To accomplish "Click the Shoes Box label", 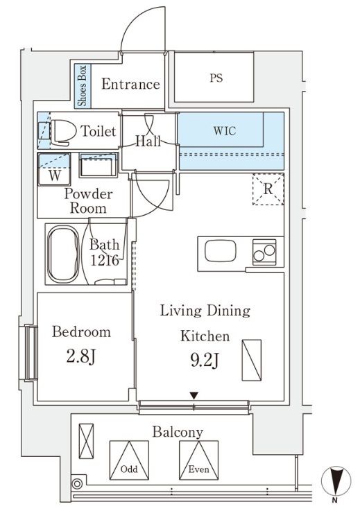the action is click(x=83, y=86).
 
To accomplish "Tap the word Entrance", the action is click(x=130, y=84).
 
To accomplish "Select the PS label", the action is click(x=216, y=78).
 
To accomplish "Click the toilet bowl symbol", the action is click(x=60, y=132).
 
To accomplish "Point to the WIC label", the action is click(x=225, y=131).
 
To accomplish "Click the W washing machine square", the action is click(x=55, y=169).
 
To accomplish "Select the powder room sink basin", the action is click(x=98, y=165).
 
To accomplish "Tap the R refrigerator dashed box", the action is click(x=268, y=189).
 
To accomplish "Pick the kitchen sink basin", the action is click(x=221, y=250).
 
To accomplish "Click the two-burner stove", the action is click(x=264, y=252).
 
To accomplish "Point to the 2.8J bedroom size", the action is click(x=81, y=356).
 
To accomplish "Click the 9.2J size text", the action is click(x=205, y=360).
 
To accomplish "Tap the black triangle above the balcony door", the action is click(x=194, y=396).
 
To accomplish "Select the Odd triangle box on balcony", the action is click(x=129, y=460).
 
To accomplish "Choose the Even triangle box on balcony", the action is click(x=198, y=460).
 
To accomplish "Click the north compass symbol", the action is click(x=336, y=481).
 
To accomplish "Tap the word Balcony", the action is click(x=178, y=433).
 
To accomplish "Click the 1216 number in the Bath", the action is click(x=104, y=261).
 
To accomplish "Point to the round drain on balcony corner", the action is click(x=77, y=484).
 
